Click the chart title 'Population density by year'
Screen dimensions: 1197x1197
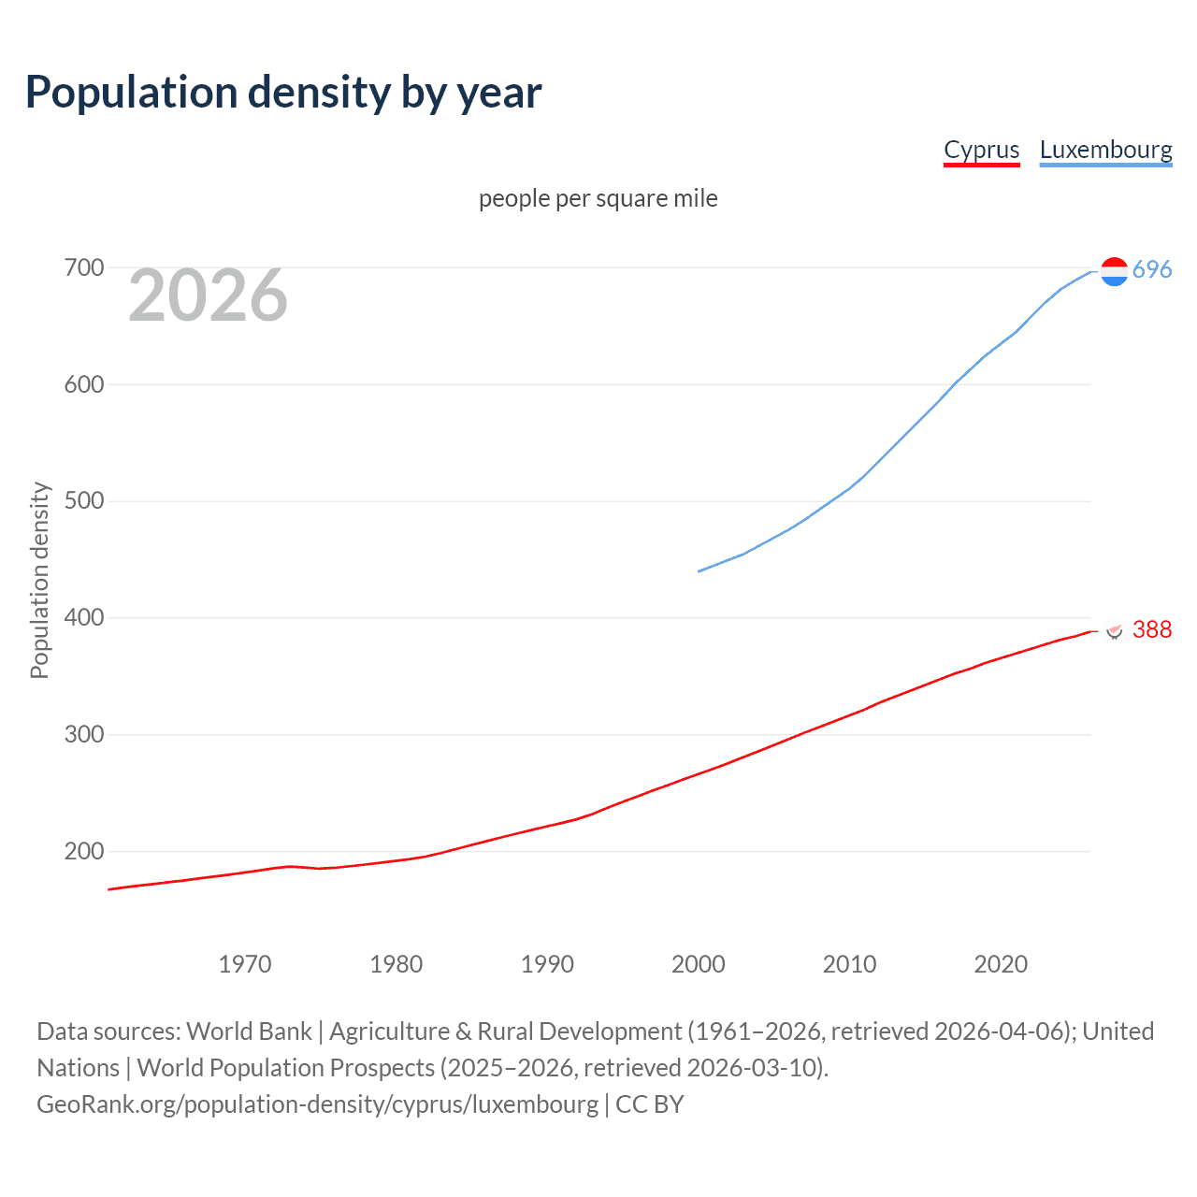point(283,93)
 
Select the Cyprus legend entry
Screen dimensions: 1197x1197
point(981,150)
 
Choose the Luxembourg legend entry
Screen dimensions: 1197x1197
point(1105,150)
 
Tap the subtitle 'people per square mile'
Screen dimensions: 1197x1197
point(598,198)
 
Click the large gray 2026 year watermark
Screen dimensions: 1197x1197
point(208,296)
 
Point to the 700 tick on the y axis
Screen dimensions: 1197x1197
point(84,268)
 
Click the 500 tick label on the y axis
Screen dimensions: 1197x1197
point(84,501)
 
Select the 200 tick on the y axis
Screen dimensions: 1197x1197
point(84,851)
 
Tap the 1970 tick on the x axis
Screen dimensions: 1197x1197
point(245,964)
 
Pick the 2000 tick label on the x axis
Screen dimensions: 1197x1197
point(699,964)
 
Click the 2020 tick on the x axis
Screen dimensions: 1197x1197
point(1001,964)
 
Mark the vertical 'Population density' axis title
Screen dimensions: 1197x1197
point(39,580)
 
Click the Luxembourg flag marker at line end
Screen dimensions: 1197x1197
point(1114,271)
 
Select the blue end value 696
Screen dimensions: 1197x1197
point(1152,270)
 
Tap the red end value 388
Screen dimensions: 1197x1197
point(1152,630)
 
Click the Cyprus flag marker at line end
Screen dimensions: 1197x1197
point(1114,629)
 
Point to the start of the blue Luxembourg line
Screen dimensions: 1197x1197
point(699,570)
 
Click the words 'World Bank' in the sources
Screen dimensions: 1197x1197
point(249,1031)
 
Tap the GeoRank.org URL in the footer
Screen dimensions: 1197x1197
point(317,1104)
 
